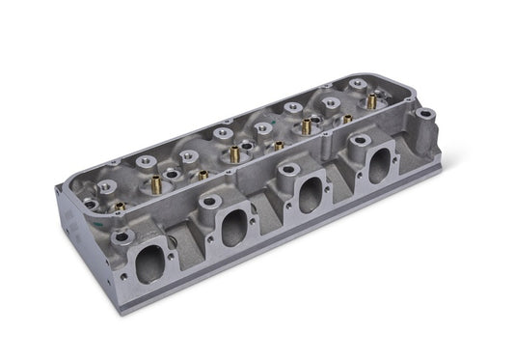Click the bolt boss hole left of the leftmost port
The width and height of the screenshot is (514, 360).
[x=121, y=236]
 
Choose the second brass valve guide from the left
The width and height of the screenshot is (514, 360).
[x=202, y=175]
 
